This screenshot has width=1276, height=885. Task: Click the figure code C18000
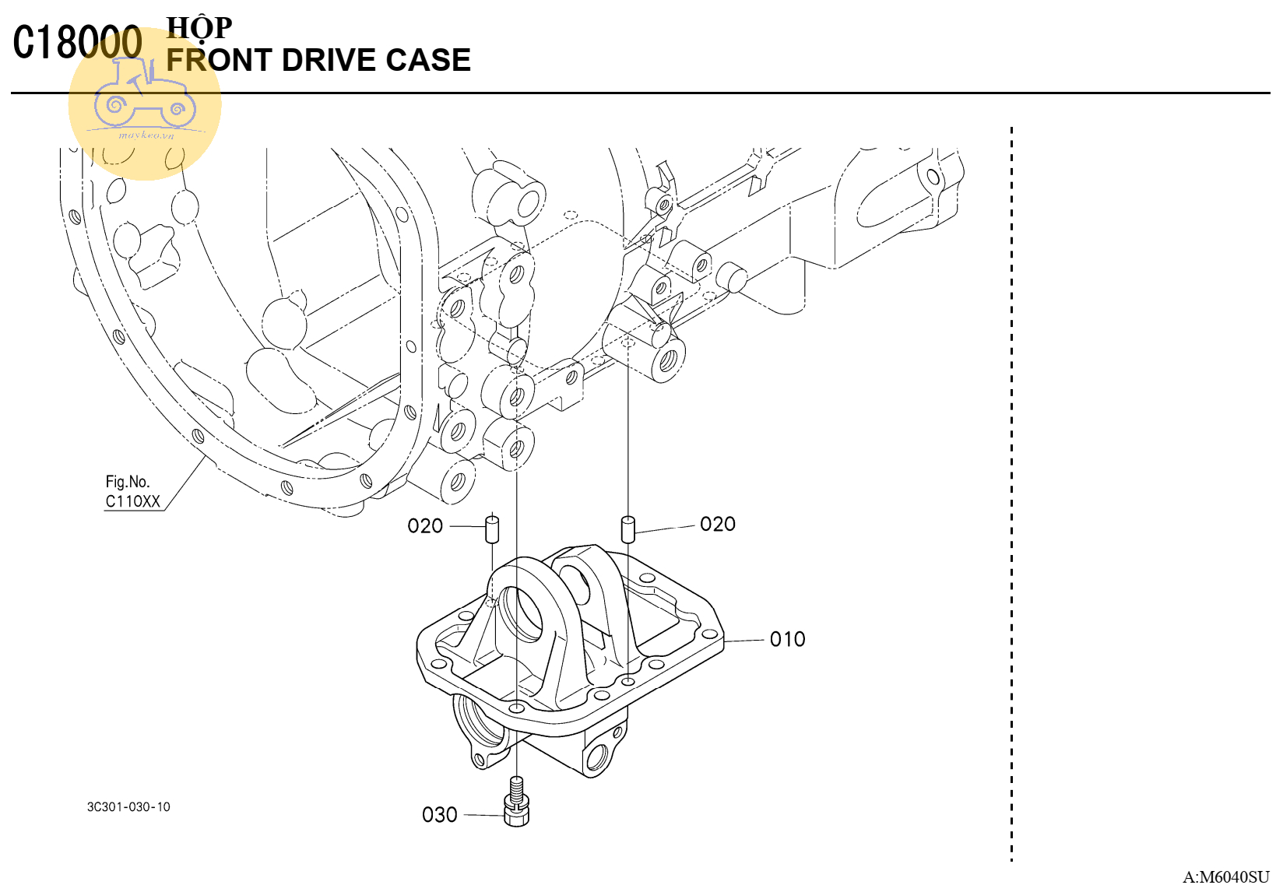[x=78, y=41]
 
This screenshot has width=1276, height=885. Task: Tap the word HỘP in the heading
[x=199, y=28]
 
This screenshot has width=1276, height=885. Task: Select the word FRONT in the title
[x=220, y=60]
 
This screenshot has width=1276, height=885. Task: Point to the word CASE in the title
[x=428, y=60]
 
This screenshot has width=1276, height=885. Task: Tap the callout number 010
[x=787, y=640]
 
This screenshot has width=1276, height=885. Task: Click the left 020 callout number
[x=425, y=525]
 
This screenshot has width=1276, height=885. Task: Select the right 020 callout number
[x=718, y=524]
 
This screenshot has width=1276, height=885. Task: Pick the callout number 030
[x=440, y=815]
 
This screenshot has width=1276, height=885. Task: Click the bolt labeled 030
[x=517, y=802]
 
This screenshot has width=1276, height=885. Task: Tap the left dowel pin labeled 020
[x=491, y=529]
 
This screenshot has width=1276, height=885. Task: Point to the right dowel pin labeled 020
[x=627, y=529]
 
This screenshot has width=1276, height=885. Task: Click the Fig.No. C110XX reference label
[x=132, y=491]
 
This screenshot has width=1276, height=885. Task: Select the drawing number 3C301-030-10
[x=128, y=807]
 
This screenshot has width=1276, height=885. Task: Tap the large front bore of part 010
[x=522, y=613]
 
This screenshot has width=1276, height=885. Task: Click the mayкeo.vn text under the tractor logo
[x=146, y=135]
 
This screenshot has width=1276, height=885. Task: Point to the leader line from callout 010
[x=744, y=641]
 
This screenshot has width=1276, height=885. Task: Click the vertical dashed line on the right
[x=1011, y=494]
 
